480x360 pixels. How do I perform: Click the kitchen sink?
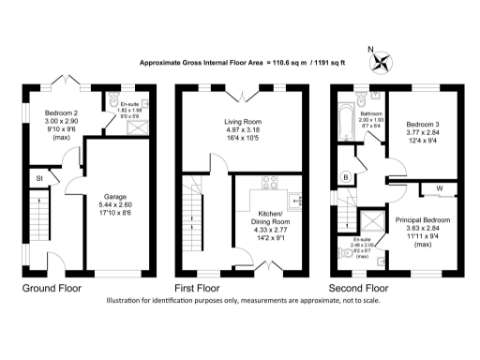(x=298, y=199)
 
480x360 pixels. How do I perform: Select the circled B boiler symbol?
(x=348, y=176)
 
